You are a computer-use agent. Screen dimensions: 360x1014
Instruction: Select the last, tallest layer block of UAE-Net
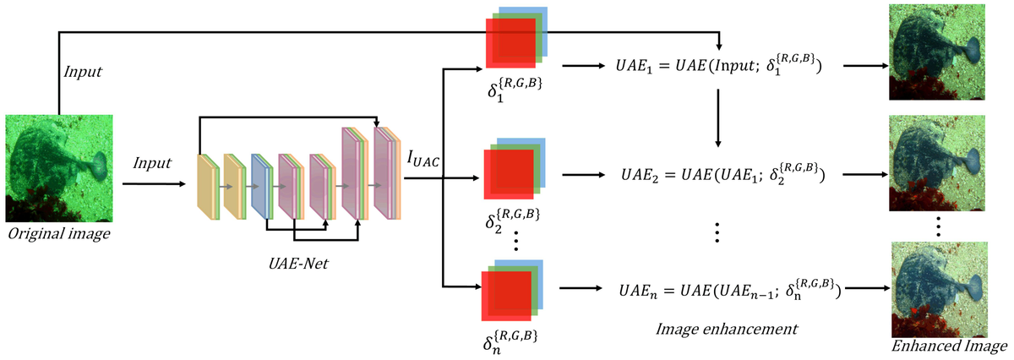385,172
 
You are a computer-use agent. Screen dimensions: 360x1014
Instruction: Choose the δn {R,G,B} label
507,338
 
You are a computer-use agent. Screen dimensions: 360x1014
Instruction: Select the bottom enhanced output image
938,289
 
